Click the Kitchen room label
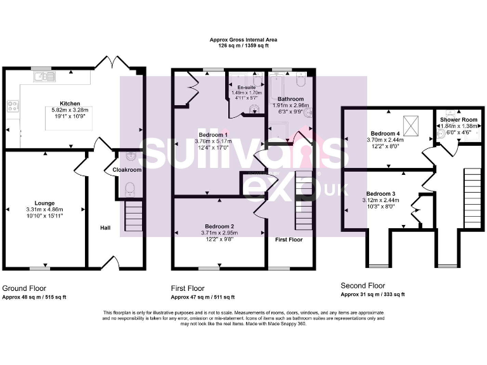[70, 103]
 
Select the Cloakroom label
[127, 170]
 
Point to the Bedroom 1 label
[212, 134]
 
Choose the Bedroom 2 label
[219, 226]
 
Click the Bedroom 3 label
[380, 193]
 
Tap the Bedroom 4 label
[386, 133]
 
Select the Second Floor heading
[363, 286]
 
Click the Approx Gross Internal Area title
[243, 39]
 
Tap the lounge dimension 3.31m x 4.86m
[44, 209]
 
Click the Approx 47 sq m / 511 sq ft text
[202, 297]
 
